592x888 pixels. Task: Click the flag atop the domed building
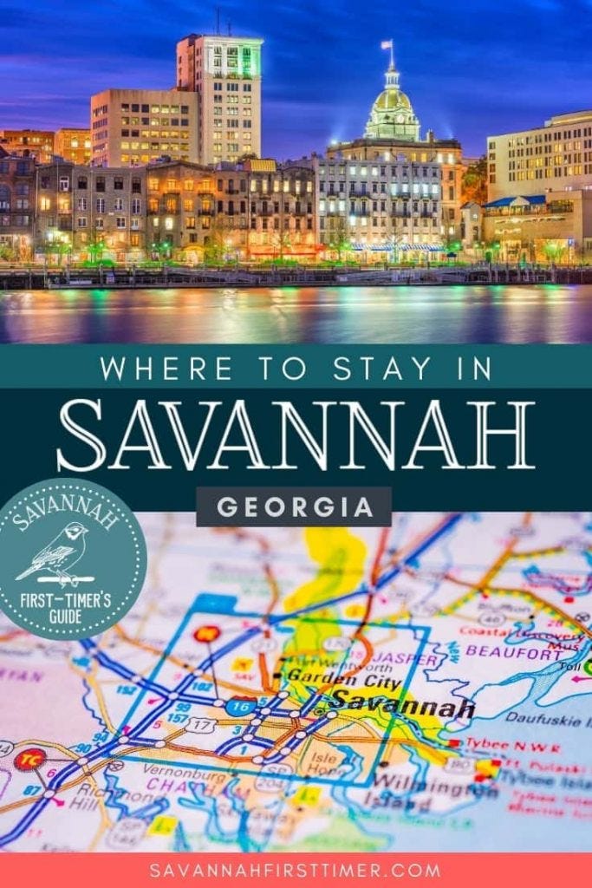pyautogui.click(x=387, y=44)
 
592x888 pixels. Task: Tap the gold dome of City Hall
pyautogui.click(x=392, y=100)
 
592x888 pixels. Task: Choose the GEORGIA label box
pyautogui.click(x=294, y=507)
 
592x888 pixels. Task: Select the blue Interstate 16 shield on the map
pyautogui.click(x=240, y=706)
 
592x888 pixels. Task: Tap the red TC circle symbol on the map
pyautogui.click(x=28, y=760)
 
